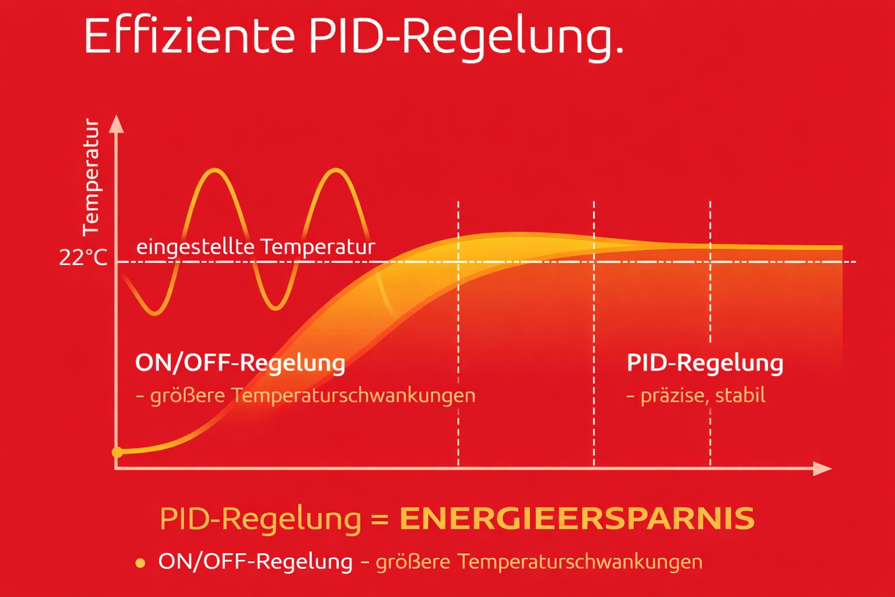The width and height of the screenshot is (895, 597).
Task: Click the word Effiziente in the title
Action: click(x=189, y=36)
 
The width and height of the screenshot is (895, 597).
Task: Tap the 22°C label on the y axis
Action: click(x=83, y=257)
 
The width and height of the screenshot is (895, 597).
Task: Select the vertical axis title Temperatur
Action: click(x=91, y=177)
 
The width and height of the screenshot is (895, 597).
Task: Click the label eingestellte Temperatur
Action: click(x=255, y=247)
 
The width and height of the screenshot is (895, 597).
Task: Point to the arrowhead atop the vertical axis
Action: click(x=117, y=123)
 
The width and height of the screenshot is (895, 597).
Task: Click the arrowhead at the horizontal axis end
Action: click(x=822, y=468)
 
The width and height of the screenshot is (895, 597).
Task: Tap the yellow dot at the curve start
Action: click(x=117, y=452)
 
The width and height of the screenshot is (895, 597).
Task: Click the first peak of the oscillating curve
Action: click(x=216, y=170)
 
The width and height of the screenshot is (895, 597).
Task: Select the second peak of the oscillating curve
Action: click(x=336, y=170)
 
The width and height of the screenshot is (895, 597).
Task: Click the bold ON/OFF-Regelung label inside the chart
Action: click(x=240, y=363)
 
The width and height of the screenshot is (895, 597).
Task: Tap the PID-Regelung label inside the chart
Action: click(x=704, y=363)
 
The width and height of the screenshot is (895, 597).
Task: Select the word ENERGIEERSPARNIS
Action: click(x=577, y=519)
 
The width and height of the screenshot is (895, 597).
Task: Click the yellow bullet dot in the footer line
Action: click(x=140, y=563)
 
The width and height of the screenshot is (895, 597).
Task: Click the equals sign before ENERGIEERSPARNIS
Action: click(x=380, y=519)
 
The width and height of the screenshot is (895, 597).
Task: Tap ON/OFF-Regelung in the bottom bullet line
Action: click(x=255, y=561)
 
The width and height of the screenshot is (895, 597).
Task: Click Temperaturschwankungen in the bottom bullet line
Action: click(x=580, y=561)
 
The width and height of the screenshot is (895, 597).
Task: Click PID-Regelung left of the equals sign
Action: click(x=260, y=519)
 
